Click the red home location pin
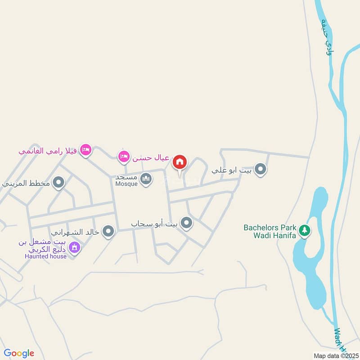click(x=180, y=162)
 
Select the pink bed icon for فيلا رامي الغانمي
click(x=85, y=150)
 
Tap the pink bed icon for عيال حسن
click(x=123, y=157)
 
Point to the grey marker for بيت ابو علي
click(x=260, y=170)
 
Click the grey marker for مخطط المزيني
click(x=58, y=183)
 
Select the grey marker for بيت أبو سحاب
click(x=186, y=222)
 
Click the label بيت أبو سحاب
click(x=154, y=223)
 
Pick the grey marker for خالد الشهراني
click(x=108, y=232)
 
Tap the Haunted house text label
click(x=45, y=256)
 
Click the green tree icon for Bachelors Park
click(x=305, y=230)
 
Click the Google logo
click(x=19, y=353)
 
